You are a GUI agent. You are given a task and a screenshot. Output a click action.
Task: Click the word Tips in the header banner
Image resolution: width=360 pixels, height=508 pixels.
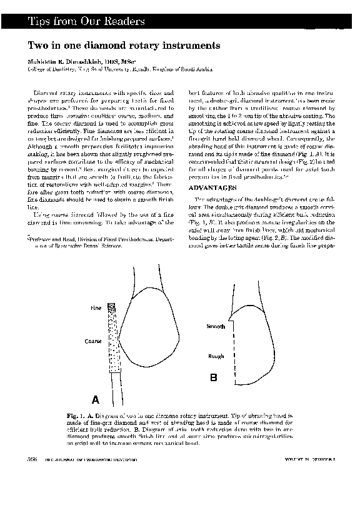point(38,22)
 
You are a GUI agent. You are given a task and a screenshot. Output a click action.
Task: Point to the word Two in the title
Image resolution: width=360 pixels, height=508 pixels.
point(36,46)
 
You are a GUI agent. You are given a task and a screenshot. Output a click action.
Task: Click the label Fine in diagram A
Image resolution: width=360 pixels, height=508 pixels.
point(96,309)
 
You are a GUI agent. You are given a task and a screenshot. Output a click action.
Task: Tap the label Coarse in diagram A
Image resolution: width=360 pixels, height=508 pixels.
point(93,342)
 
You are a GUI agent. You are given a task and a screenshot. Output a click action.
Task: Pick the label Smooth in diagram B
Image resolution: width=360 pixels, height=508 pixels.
point(216,326)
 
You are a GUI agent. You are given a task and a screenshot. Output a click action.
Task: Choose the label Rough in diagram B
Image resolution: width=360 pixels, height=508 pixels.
point(216,356)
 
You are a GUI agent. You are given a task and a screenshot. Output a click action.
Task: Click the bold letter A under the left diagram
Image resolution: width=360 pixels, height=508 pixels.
point(96,399)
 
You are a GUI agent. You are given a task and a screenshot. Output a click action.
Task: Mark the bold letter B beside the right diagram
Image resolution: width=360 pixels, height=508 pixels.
point(213,378)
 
